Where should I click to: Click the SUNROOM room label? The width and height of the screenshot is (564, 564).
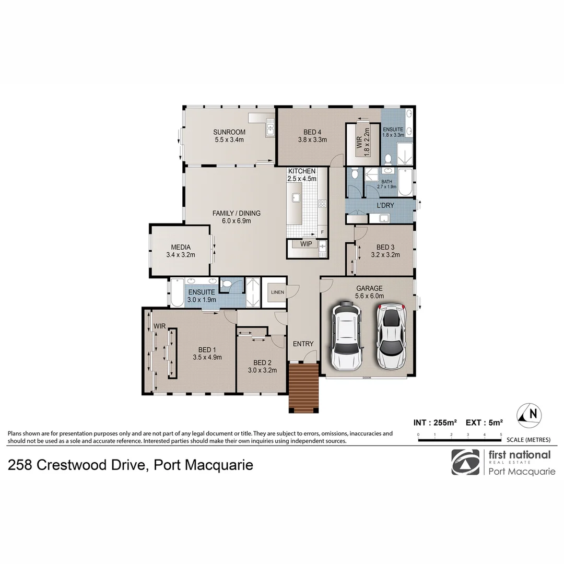(x=229, y=132)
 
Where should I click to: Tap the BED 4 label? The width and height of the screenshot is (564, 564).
(x=312, y=132)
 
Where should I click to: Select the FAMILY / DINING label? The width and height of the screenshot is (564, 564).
(x=236, y=213)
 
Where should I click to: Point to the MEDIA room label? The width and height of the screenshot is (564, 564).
(x=180, y=248)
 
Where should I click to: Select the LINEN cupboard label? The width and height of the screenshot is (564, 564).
(x=277, y=292)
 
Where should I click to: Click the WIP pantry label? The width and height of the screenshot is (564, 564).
(x=306, y=243)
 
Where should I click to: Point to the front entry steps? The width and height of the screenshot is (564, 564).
(x=303, y=387)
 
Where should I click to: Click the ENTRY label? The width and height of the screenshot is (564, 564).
(x=303, y=344)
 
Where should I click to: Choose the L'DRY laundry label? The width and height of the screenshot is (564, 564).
(x=385, y=205)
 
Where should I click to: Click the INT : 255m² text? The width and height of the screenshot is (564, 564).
(x=435, y=422)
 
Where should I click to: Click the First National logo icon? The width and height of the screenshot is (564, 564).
(x=465, y=462)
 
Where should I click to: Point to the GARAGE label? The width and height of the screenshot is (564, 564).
(x=369, y=288)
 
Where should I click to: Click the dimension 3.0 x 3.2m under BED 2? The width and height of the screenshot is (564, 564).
(x=262, y=370)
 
